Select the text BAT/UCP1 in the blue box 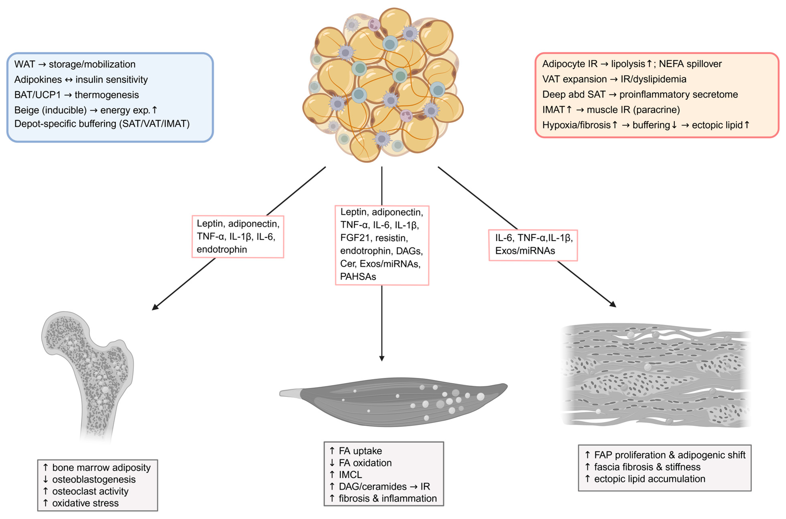[37, 95]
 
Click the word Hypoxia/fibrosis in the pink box [576, 125]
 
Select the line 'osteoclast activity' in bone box [90, 491]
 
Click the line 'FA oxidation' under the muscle [365, 463]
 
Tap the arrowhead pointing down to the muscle [382, 358]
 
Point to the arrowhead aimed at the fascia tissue [613, 304]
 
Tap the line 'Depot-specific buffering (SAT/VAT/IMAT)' [102, 124]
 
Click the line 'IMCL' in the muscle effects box [350, 475]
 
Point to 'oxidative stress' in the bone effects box [85, 503]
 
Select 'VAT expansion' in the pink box [574, 79]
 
